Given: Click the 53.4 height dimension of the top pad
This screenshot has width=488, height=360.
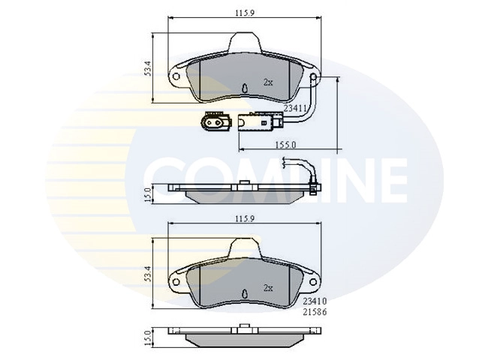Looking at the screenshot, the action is tap(147, 68).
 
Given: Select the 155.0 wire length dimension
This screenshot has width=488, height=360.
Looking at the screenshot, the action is tap(285, 145).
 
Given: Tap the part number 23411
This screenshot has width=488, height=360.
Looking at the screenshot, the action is tap(295, 108).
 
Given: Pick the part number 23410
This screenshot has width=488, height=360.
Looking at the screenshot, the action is tap(315, 301).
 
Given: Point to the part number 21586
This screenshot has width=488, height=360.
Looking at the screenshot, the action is tap(315, 312).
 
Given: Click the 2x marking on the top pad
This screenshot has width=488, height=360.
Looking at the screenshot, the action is tap(268, 82).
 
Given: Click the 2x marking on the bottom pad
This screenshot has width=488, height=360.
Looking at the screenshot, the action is tap(268, 288).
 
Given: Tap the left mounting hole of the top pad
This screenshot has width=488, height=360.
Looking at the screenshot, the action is tap(176, 76).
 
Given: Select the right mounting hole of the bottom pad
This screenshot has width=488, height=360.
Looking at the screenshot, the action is tap(314, 282).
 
